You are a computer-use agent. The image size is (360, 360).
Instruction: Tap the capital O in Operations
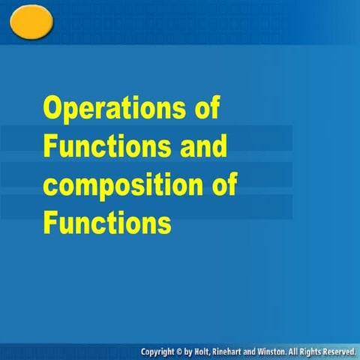[51, 108]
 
